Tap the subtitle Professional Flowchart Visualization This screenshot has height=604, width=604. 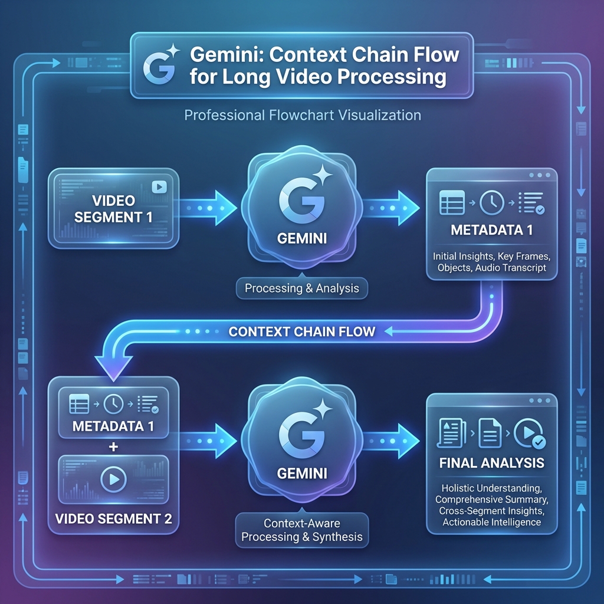coord(303,114)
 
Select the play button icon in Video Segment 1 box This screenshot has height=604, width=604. coord(159,187)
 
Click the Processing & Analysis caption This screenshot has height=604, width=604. coord(301,289)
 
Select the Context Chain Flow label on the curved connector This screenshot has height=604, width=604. coord(301,331)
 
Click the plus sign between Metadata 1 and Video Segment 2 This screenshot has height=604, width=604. coord(114,447)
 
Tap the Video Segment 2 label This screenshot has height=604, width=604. coord(114,520)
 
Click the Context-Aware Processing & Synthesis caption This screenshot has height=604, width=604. coord(301,530)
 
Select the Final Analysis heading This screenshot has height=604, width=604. coord(491,462)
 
